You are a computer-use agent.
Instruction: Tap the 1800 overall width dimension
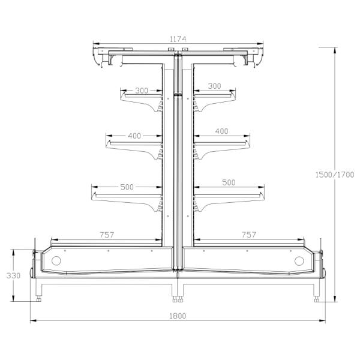(x=178, y=316)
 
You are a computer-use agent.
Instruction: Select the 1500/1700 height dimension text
(x=334, y=175)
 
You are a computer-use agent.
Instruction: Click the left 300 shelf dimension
(x=142, y=91)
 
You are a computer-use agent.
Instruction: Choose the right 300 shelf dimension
(x=215, y=86)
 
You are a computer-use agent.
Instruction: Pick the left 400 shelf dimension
(x=134, y=136)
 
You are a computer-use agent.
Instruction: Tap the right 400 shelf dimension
(x=221, y=131)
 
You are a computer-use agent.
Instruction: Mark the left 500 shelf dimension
(x=127, y=187)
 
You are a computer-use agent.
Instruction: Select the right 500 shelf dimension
(x=229, y=182)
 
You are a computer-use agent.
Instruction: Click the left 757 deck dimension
(x=106, y=235)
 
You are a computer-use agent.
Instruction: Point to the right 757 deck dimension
(x=248, y=235)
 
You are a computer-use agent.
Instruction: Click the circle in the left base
(x=56, y=261)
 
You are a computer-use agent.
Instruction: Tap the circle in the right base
(x=299, y=261)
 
